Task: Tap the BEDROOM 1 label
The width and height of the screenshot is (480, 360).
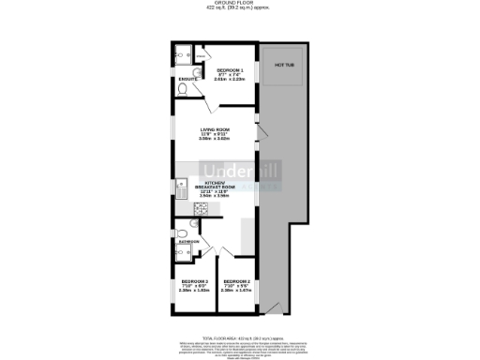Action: click(x=230, y=70)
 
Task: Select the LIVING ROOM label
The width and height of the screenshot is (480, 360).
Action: click(x=215, y=130)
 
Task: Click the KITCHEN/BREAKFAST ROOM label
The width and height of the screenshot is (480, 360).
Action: click(x=215, y=186)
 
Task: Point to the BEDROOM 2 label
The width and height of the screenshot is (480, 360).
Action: click(x=236, y=281)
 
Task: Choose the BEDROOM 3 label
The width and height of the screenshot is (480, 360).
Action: click(x=194, y=281)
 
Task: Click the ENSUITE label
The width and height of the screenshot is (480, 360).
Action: click(x=187, y=80)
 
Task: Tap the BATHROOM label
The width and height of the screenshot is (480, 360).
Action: click(x=188, y=241)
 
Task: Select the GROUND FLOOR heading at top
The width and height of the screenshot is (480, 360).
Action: click(x=239, y=4)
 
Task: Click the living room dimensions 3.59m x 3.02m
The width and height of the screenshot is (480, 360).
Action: click(x=215, y=140)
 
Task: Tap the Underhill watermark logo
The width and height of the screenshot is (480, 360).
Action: click(x=239, y=172)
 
